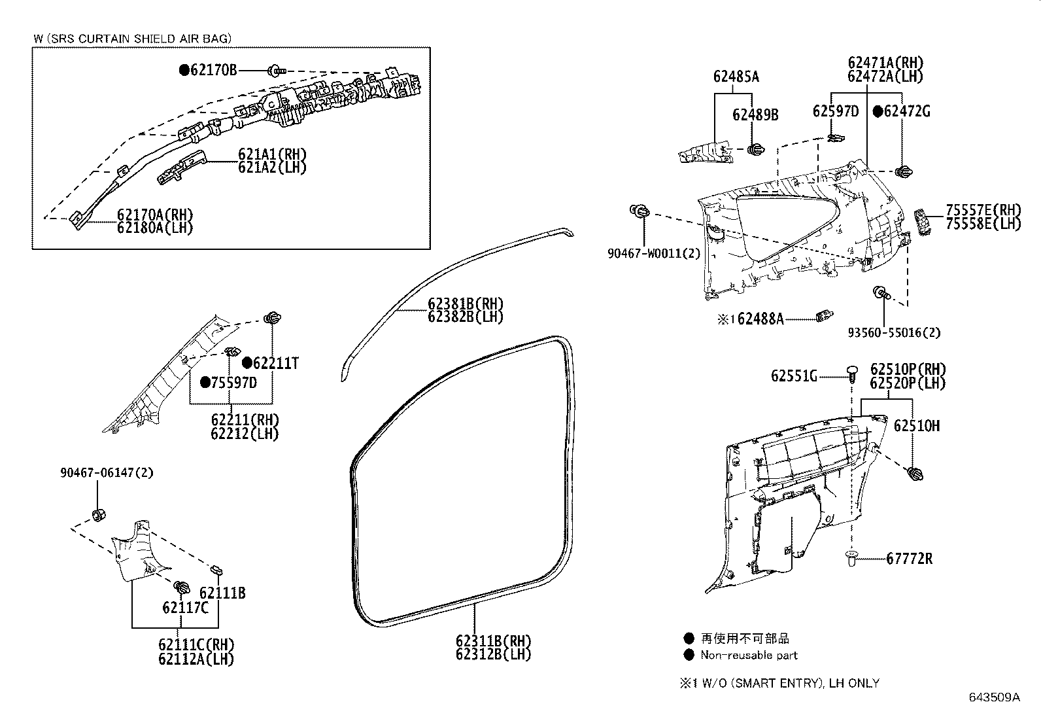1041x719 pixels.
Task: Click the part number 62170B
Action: click(x=214, y=70)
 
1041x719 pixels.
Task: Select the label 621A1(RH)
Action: click(x=272, y=154)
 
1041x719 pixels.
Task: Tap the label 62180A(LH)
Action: click(x=155, y=228)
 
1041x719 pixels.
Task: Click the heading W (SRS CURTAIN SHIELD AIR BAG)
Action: click(x=133, y=39)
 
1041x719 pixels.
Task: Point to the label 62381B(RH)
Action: click(x=466, y=304)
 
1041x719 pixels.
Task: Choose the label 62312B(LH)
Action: click(x=493, y=654)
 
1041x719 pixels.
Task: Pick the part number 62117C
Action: click(x=185, y=608)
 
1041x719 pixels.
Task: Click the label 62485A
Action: click(x=736, y=77)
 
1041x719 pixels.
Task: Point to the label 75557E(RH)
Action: click(x=983, y=210)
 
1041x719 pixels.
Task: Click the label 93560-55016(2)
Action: click(x=894, y=332)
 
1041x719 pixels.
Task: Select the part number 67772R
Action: click(x=909, y=559)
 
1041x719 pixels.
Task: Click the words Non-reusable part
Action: click(x=749, y=655)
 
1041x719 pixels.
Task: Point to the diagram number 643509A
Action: click(x=994, y=697)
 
